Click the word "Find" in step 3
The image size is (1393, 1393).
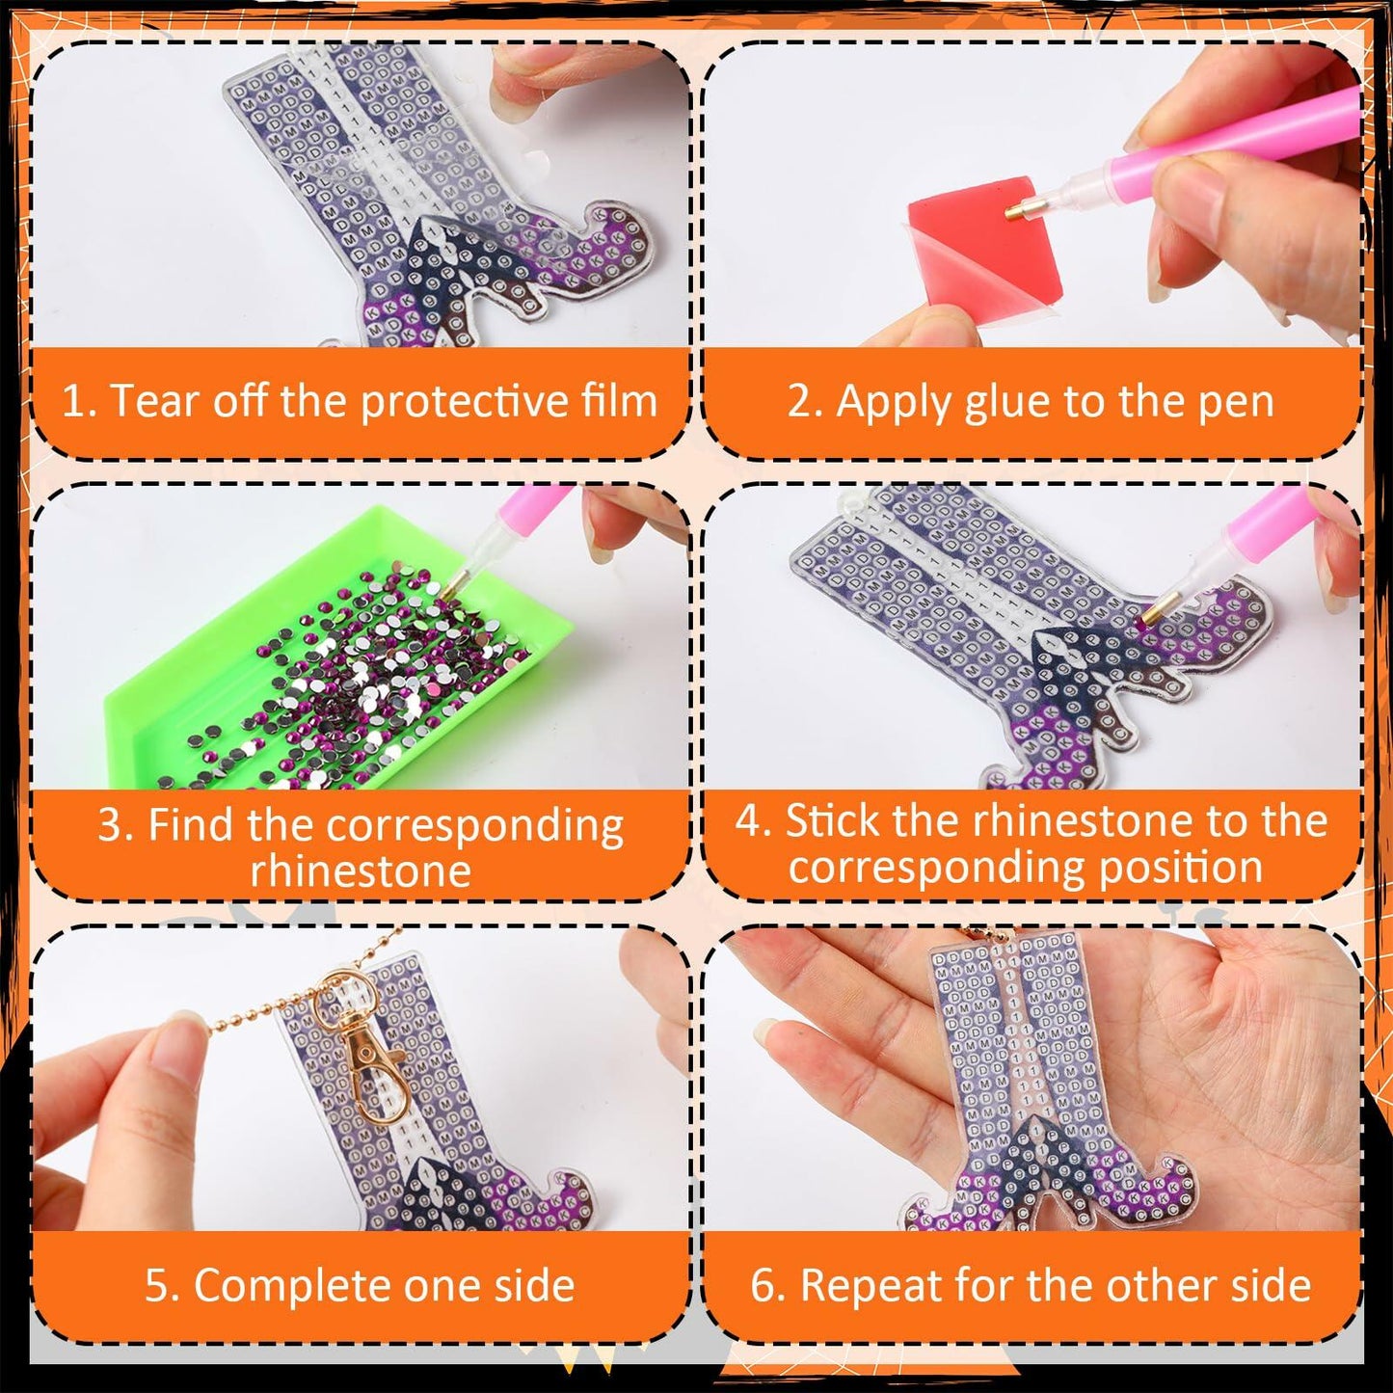(191, 826)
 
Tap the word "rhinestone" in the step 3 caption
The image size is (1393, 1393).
(361, 871)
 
